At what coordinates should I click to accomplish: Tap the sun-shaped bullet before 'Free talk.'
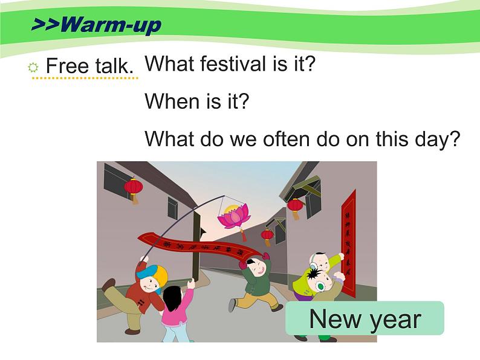pos(34,67)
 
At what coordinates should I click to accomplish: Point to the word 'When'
pos(167,101)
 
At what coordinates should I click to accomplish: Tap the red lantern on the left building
pos(134,188)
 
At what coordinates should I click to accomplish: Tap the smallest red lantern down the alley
pos(267,234)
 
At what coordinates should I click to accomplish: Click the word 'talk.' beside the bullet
pos(113,66)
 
